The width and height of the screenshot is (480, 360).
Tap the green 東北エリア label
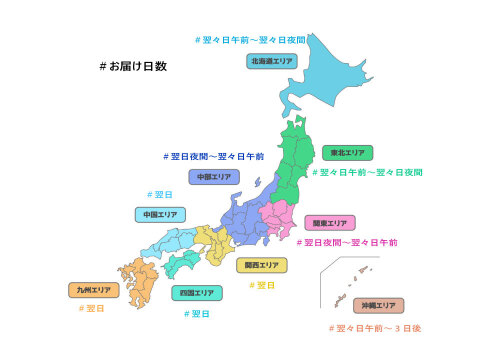(x=349, y=153)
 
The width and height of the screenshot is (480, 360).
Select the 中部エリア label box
(x=212, y=177)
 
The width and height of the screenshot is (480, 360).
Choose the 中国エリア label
(x=159, y=214)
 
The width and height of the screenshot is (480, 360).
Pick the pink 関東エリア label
(x=329, y=222)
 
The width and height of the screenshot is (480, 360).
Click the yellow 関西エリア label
(x=261, y=265)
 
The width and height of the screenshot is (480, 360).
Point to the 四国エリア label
(x=196, y=293)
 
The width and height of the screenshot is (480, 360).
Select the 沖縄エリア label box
(x=378, y=305)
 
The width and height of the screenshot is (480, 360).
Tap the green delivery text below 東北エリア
(x=366, y=172)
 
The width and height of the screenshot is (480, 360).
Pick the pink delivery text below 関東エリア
(x=347, y=242)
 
